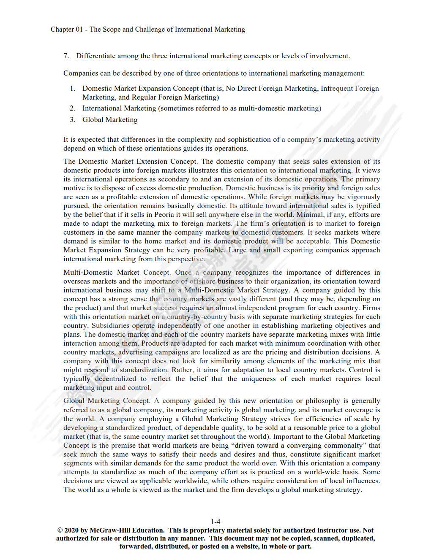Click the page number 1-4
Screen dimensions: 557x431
tap(215, 522)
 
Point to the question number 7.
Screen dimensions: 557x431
tap(66, 56)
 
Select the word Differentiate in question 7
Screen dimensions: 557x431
tap(96, 56)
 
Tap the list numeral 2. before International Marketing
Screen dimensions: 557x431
tap(73, 108)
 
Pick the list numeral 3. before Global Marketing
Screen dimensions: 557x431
tap(73, 119)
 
